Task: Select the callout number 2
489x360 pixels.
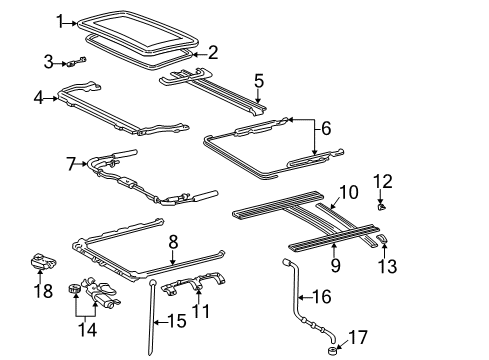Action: point(211,54)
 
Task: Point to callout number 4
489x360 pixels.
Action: point(39,98)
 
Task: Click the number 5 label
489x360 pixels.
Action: point(258,81)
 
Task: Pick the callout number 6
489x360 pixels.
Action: point(323,128)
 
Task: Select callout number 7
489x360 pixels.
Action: point(71,162)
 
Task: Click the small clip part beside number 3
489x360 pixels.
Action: point(79,62)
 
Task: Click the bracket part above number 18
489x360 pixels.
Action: point(44,264)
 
